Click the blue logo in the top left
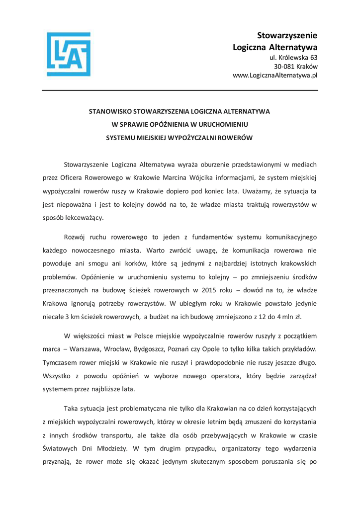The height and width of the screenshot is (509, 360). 69,54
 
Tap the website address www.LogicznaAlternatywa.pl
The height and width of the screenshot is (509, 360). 275,76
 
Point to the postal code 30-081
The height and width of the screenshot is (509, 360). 283,67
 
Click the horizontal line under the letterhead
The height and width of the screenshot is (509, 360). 180,90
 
